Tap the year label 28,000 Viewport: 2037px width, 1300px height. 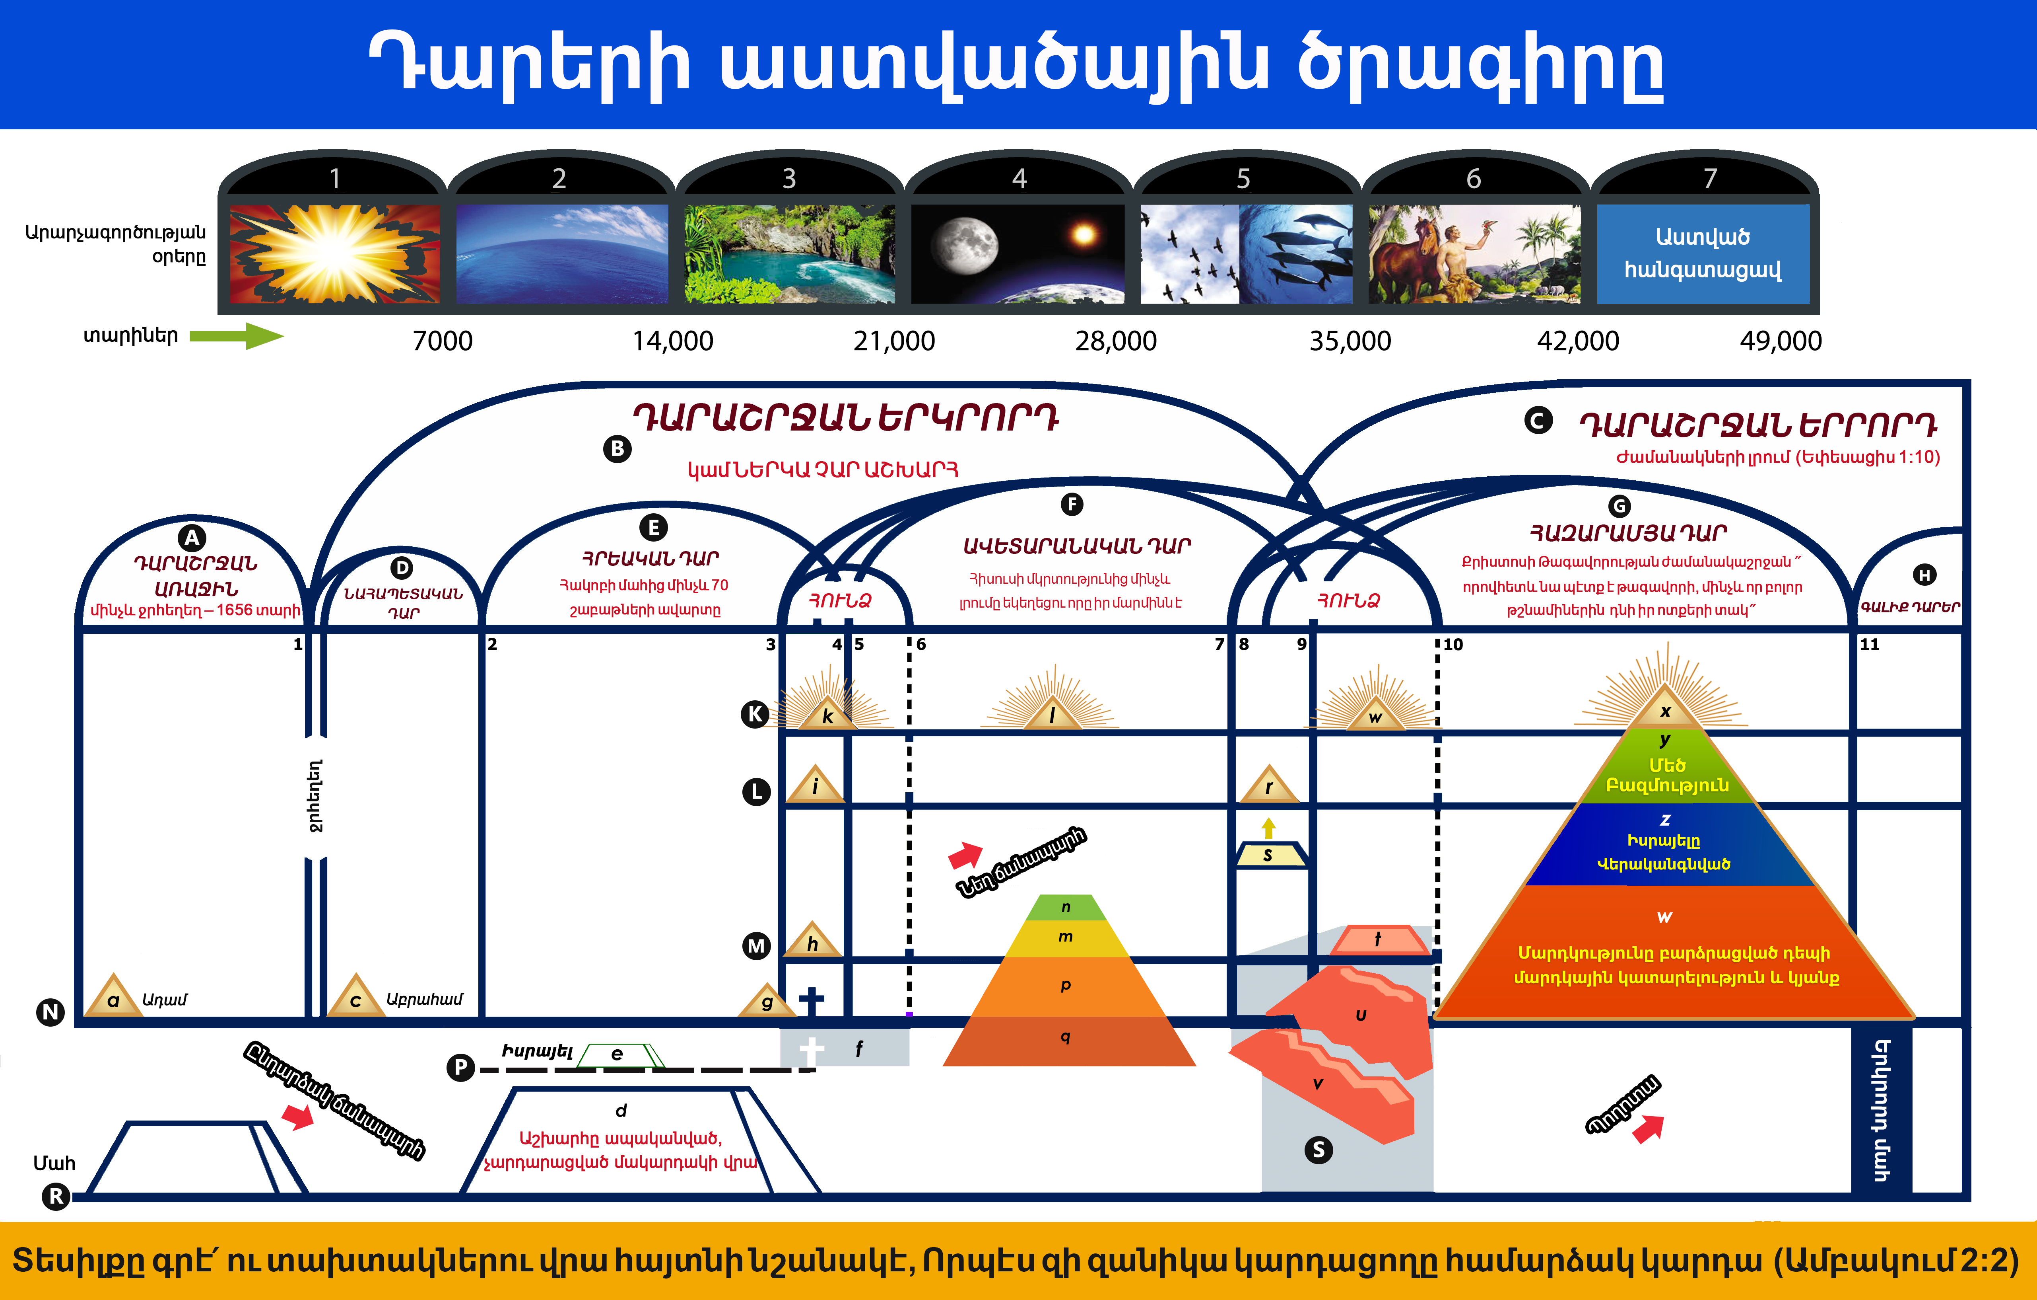click(x=1116, y=341)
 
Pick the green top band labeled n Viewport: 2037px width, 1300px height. click(x=1066, y=907)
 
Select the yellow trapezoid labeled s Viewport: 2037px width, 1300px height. click(x=1268, y=855)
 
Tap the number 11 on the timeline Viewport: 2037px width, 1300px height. click(x=1870, y=644)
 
